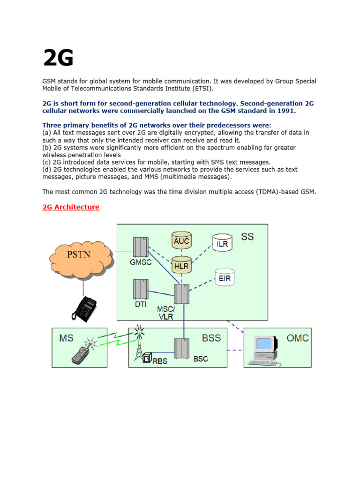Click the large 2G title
click(58, 59)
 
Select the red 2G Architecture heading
click(71, 207)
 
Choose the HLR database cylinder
click(181, 265)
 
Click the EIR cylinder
click(225, 278)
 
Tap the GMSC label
click(141, 262)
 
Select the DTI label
click(141, 304)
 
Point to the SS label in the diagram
click(247, 236)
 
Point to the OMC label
click(297, 338)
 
